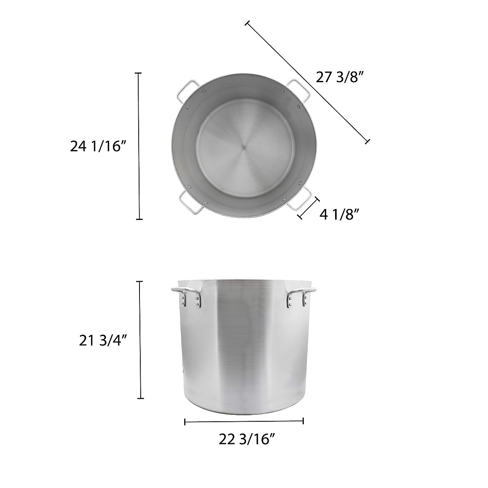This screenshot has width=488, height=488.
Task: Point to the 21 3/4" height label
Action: (x=101, y=341)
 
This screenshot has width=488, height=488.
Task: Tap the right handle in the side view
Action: (x=301, y=296)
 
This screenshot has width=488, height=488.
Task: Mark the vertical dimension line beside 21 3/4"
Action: (x=141, y=340)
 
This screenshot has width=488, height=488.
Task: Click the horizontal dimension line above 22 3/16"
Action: (x=244, y=422)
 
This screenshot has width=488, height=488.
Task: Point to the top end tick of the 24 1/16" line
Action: (x=139, y=73)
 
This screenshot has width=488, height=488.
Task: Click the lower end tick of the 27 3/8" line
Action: (x=367, y=141)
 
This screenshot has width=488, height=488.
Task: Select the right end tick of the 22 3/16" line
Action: (x=303, y=421)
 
